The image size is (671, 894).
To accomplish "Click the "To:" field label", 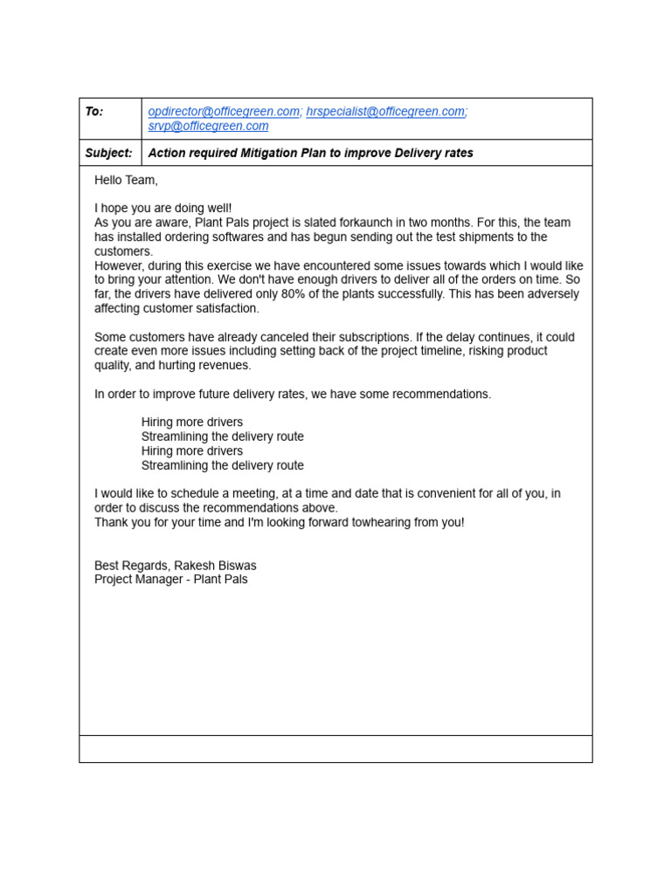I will coord(94,112).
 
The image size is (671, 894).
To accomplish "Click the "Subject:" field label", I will coord(109,153).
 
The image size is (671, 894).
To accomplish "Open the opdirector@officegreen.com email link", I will coord(224,112).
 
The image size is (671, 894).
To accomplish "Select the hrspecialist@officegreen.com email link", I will coord(385,112).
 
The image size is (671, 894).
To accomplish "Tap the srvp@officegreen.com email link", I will coord(208,126).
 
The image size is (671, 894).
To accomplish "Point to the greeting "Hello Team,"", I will coord(127,180).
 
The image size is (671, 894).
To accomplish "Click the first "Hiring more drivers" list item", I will coord(192,423).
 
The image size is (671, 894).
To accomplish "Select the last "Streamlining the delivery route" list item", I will coord(223,465).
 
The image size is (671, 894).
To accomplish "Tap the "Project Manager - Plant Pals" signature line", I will coord(171,579).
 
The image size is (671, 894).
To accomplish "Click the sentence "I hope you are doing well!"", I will coord(163,209).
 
